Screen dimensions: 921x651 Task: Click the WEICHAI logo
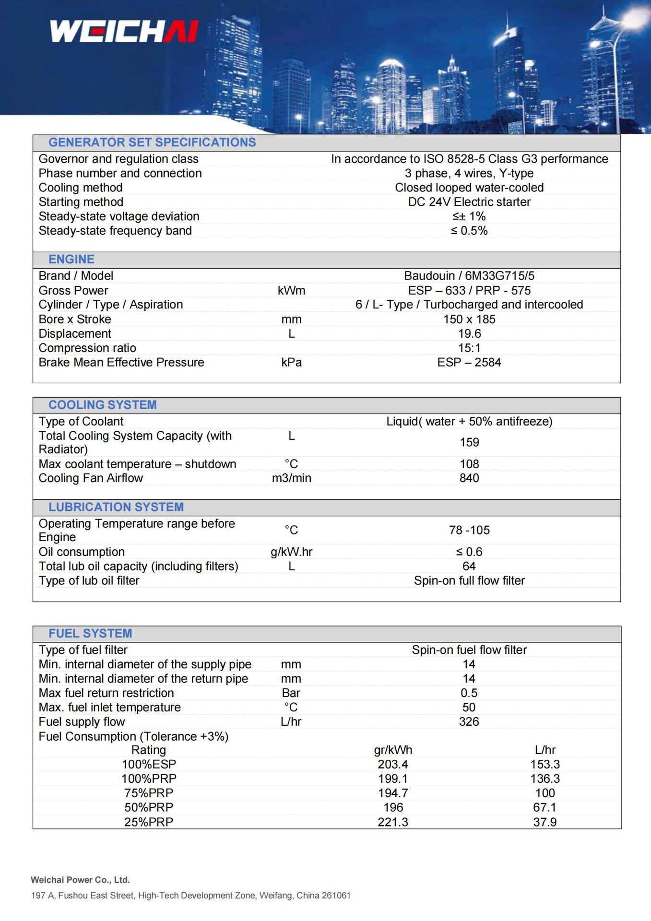(124, 31)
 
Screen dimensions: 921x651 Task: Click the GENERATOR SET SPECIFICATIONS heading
(152, 142)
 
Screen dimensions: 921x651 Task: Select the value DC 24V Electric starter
(469, 202)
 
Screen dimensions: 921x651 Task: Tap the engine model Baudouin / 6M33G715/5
(469, 276)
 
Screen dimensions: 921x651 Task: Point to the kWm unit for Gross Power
(291, 290)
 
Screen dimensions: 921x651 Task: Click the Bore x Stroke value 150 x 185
(469, 319)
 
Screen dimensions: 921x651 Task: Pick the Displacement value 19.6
(469, 333)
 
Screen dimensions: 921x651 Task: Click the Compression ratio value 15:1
(469, 348)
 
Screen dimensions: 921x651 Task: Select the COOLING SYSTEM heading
(103, 405)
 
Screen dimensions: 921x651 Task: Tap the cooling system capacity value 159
(469, 442)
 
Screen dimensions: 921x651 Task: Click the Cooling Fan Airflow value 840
(469, 478)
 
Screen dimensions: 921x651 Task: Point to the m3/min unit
(291, 478)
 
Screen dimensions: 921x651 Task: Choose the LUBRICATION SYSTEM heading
(116, 507)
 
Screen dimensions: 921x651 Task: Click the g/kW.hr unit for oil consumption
(291, 552)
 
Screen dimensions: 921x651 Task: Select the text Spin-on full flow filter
(469, 580)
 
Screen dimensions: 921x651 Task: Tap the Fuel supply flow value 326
(469, 721)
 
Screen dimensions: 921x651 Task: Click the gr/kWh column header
(393, 750)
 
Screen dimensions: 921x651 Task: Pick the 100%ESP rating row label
(149, 764)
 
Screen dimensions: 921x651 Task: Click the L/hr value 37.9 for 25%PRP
(545, 822)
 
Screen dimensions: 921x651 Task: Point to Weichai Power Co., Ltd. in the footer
(80, 880)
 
